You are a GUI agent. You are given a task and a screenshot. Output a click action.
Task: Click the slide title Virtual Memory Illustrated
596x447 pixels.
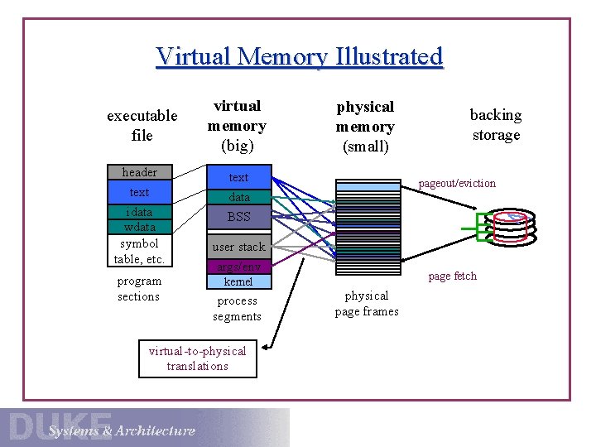click(x=299, y=56)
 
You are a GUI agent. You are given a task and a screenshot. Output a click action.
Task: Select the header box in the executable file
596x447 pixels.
click(x=139, y=172)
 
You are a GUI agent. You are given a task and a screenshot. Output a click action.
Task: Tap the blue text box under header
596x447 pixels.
click(x=139, y=192)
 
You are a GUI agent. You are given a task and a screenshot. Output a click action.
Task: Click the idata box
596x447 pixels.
click(x=139, y=212)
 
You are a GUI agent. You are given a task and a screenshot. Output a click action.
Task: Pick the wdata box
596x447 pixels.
click(x=139, y=227)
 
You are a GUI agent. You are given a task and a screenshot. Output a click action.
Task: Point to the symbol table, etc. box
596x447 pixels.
click(x=139, y=251)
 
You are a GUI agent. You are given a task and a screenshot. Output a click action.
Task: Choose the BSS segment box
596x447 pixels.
click(x=238, y=217)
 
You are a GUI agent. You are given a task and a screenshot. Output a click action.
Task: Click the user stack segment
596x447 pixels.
click(x=238, y=247)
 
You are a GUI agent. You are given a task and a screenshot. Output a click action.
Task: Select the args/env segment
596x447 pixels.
click(x=238, y=267)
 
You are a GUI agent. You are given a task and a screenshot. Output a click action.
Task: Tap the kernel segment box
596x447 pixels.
click(x=238, y=281)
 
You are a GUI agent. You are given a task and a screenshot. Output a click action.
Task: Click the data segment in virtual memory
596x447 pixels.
click(x=238, y=197)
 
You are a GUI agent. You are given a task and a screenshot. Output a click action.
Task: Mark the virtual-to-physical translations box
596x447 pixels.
click(x=197, y=358)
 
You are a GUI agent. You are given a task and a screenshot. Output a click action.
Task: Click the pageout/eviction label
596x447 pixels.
click(x=457, y=183)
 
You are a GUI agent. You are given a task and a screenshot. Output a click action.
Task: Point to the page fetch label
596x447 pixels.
click(x=452, y=276)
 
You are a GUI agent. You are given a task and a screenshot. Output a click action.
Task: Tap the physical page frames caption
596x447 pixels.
click(x=367, y=303)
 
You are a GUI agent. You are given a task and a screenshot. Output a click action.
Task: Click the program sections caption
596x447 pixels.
click(x=138, y=288)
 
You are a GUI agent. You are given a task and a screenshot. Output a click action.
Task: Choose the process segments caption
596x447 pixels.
click(x=237, y=308)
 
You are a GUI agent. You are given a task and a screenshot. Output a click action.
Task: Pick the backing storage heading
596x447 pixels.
click(x=495, y=124)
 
